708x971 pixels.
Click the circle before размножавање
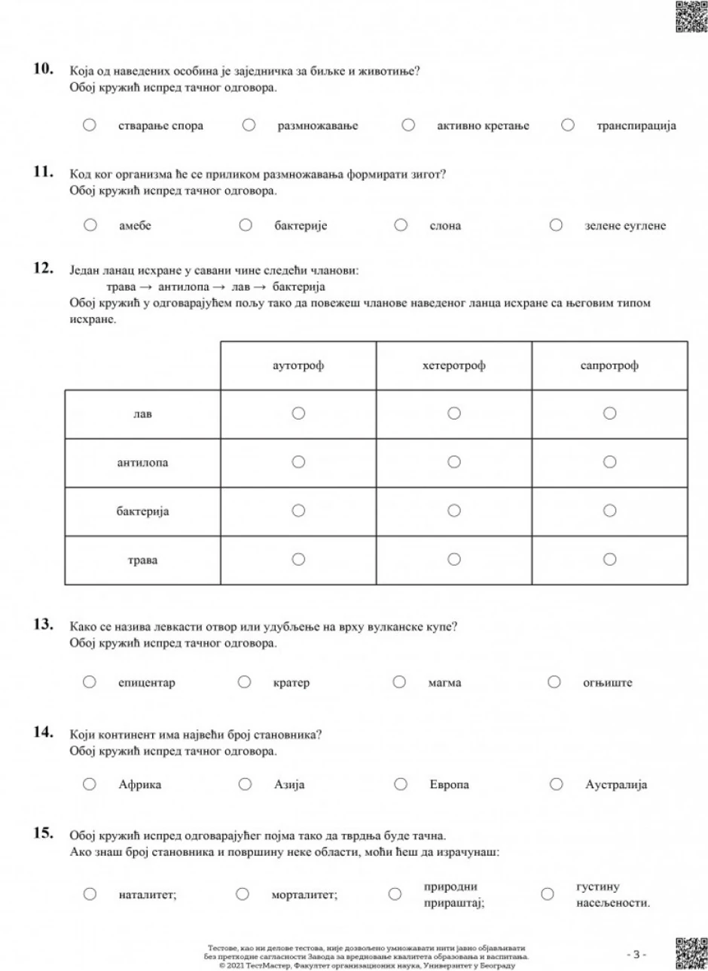click(249, 125)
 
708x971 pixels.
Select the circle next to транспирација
click(568, 125)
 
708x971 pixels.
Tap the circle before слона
click(401, 224)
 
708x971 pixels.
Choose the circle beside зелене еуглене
click(556, 224)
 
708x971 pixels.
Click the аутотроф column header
click(298, 366)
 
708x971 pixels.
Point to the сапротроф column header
click(609, 366)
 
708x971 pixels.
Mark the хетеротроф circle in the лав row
click(453, 413)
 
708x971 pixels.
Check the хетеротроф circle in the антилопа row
click(453, 462)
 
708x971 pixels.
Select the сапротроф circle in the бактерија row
click(609, 511)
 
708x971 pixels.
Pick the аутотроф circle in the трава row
click(298, 559)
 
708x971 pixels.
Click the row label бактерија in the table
click(142, 511)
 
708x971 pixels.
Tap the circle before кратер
click(244, 682)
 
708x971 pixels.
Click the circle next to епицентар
click(90, 682)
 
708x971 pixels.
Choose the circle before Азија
click(245, 784)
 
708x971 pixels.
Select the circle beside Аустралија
click(556, 784)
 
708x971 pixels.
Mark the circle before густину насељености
click(548, 894)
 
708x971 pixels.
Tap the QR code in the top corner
click(691, 17)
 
